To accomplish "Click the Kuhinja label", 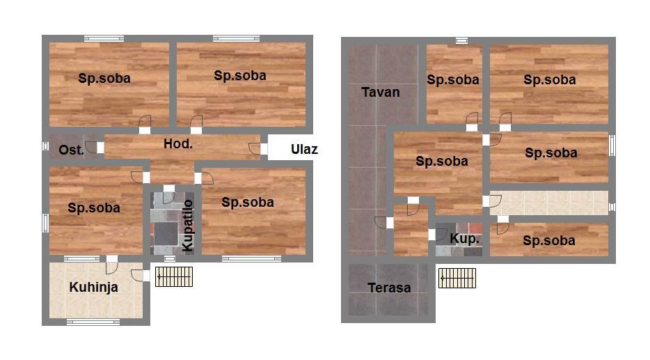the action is point(94,288).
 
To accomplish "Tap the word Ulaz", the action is point(304,149).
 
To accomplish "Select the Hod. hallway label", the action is point(178,144).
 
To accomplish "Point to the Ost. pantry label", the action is point(71,150).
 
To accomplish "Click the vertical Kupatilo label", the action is point(188,225).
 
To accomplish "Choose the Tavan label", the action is point(381,92).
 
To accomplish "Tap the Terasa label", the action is point(389,288).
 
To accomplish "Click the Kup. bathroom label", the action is point(464,239).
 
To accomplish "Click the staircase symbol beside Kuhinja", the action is point(174,276).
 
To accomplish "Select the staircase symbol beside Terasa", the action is point(457,278).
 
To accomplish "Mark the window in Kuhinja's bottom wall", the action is point(93,322).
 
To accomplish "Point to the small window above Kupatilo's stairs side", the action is point(170,258).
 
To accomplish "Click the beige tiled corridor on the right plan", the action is point(549,203).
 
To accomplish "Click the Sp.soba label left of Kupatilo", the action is point(94,208).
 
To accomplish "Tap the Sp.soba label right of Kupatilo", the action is point(248,203).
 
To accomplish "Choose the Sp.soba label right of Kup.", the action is point(549,240).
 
